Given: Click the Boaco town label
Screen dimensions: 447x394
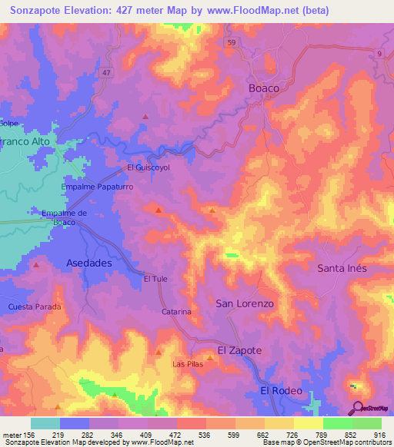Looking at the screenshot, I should tap(263, 88).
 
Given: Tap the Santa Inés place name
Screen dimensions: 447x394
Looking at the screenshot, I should tap(342, 268).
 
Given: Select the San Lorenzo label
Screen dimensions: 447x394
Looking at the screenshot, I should tap(244, 303).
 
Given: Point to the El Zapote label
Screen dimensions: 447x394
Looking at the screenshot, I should tap(239, 349).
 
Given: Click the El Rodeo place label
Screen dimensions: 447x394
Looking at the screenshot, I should tap(281, 391).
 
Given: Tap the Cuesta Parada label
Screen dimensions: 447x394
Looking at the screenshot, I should tap(35, 306).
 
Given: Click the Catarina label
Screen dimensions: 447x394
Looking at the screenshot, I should tap(176, 312).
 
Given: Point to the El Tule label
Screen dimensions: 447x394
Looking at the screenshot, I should tap(155, 279).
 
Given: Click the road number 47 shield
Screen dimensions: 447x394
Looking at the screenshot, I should tap(107, 71).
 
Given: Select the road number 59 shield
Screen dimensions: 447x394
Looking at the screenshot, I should tap(231, 43).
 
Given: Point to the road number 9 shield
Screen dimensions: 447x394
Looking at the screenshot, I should tap(379, 52).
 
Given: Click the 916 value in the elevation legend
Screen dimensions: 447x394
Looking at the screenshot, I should tap(379, 434).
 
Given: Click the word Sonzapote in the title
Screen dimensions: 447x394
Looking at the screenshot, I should tap(38, 11).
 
